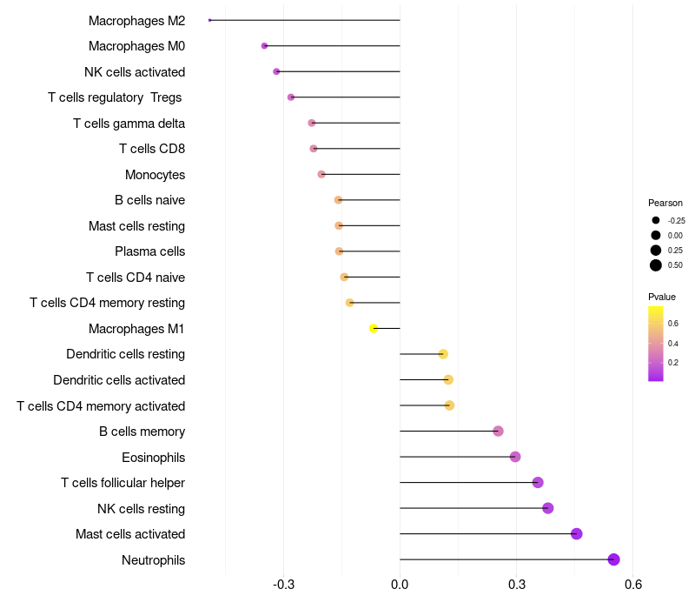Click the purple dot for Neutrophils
pos(613,559)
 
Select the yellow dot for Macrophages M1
pos(374,328)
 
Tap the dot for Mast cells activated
pos(576,533)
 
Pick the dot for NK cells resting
pos(547,508)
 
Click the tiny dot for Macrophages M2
pos(210,20)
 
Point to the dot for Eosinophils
pos(515,457)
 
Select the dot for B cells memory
pos(498,431)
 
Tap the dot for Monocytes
pos(321,174)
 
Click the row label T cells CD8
pos(152,149)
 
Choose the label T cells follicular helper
pos(122,483)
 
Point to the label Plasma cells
pos(149,251)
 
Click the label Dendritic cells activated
pos(119,380)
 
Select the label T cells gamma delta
pos(129,124)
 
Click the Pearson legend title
pos(665,203)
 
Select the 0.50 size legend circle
pos(656,265)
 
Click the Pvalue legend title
pos(662,297)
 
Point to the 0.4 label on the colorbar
pos(673,343)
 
